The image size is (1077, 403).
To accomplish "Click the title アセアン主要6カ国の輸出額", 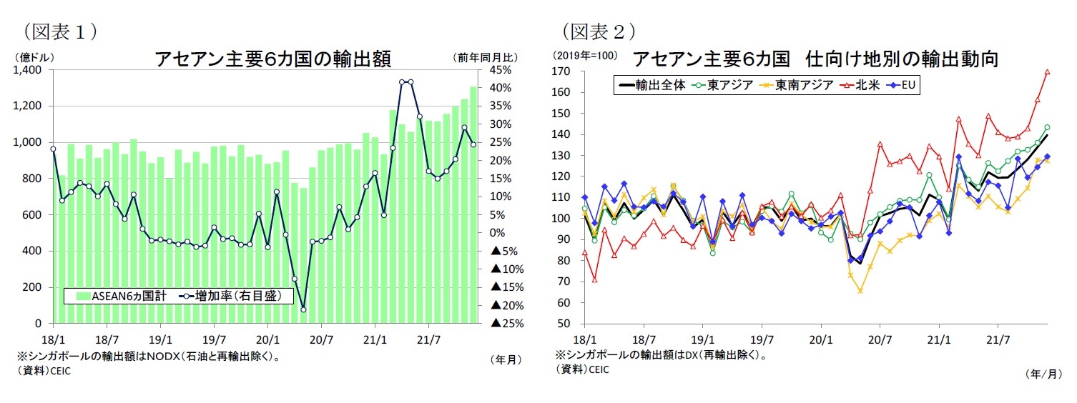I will coord(272,59).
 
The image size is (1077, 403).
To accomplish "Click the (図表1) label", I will coord(61,31).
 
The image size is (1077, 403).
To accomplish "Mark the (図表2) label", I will coord(599,31).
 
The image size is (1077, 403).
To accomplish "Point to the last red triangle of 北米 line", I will coord(1047,72).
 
